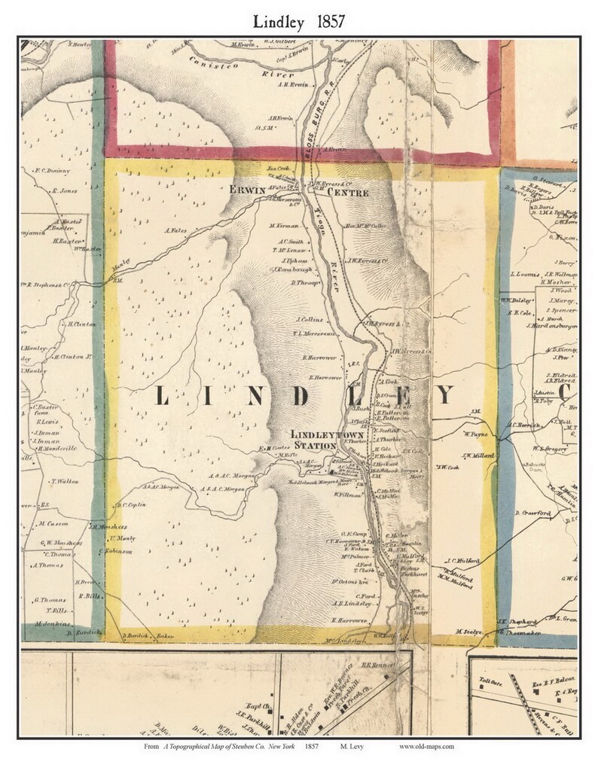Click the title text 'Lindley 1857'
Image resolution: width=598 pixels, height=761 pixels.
click(298, 21)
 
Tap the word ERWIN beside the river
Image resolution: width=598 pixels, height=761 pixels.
click(249, 191)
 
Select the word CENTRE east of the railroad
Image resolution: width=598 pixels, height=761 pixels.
click(347, 193)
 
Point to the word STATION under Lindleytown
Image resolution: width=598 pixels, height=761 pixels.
click(316, 446)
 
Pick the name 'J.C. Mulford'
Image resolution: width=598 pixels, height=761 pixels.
click(462, 561)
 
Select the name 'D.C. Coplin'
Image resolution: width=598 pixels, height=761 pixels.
click(128, 505)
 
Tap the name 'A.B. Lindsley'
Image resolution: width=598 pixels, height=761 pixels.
click(352, 603)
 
